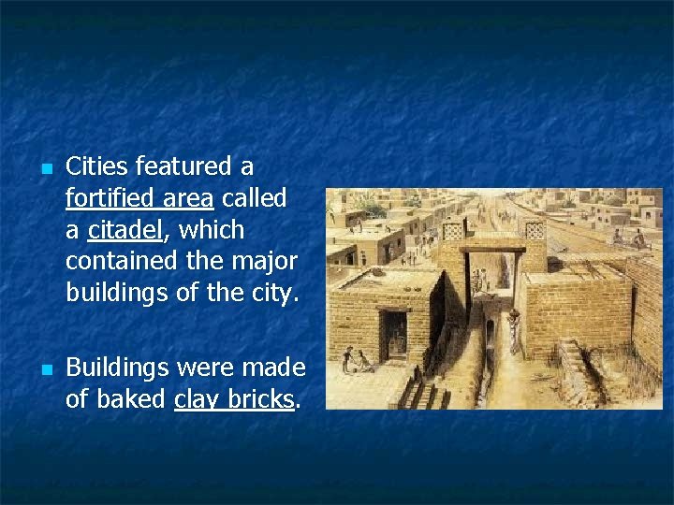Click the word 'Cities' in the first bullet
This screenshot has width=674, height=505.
(x=98, y=166)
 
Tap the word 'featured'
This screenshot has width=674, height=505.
(x=186, y=166)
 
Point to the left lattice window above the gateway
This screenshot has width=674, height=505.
(x=454, y=230)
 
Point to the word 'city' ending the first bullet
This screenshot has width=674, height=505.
(x=271, y=293)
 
